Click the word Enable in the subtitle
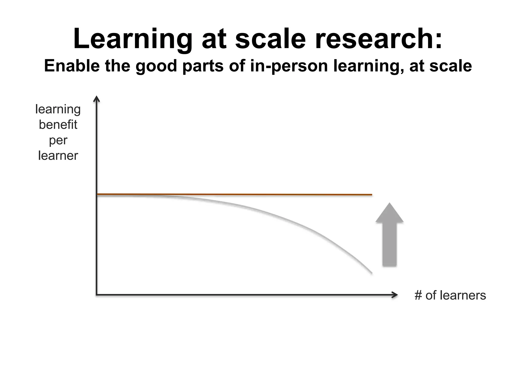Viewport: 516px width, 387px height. (x=72, y=66)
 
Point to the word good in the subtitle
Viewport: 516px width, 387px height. (x=156, y=66)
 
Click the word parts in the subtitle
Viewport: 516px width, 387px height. (x=203, y=66)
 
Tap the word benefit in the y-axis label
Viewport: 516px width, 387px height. (x=58, y=124)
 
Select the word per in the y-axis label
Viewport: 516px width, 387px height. (x=58, y=140)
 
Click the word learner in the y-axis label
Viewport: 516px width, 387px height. (x=58, y=155)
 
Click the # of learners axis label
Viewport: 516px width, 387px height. (x=450, y=295)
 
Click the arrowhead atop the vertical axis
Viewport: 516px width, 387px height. (x=96, y=99)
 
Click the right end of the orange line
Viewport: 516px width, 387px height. (x=371, y=195)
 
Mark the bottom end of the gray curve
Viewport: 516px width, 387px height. (x=371, y=273)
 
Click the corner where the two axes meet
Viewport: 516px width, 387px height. (x=96, y=295)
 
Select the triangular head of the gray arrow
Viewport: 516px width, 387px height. (x=390, y=213)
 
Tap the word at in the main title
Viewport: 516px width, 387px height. (x=214, y=39)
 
